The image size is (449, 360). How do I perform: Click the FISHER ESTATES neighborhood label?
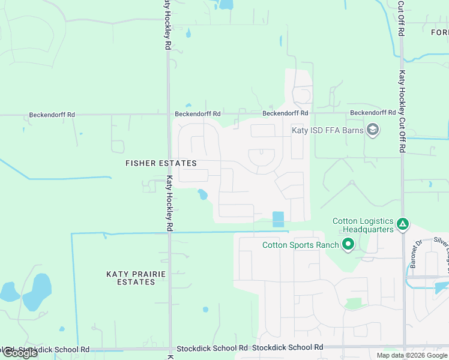[x=160, y=163]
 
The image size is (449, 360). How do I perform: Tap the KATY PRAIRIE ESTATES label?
[x=135, y=278]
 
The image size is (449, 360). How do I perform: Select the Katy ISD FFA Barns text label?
[x=327, y=130]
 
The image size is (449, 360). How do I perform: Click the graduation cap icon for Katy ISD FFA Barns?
[x=373, y=130]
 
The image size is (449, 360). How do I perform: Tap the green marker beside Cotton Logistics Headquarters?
[x=403, y=225]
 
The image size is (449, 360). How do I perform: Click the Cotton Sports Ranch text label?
[x=300, y=244]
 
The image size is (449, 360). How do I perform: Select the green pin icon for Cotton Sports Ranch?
[x=348, y=244]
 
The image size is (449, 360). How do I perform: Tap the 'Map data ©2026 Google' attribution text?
[x=412, y=355]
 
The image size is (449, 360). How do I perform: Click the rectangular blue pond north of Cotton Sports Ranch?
[x=278, y=219]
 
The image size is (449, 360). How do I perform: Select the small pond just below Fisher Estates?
[x=202, y=194]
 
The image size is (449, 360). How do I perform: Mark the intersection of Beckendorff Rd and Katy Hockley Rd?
[x=168, y=113]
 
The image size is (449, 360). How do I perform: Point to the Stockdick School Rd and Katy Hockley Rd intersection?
[x=169, y=348]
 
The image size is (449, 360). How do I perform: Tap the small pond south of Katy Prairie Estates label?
[x=205, y=310]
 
